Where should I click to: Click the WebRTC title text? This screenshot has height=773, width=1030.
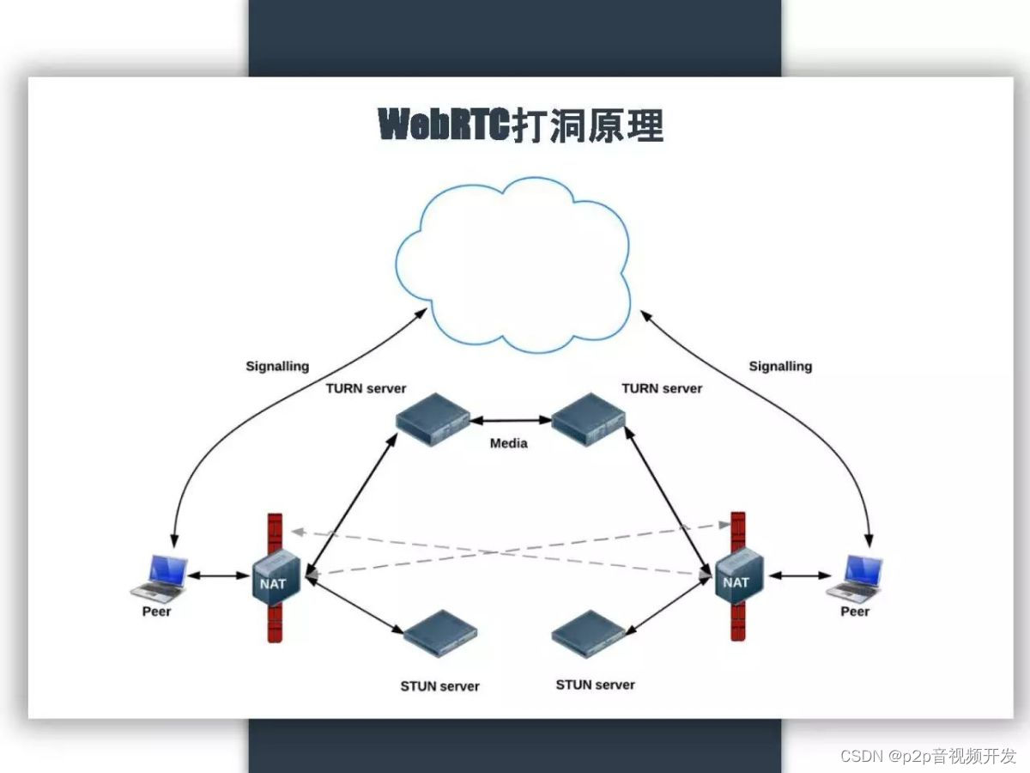point(521,125)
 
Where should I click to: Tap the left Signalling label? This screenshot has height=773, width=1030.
point(277,366)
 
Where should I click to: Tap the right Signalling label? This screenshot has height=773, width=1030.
point(780,366)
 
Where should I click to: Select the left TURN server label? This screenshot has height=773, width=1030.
point(366,388)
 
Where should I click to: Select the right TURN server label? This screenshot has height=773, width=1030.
point(662,388)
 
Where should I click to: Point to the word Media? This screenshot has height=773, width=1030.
point(509,443)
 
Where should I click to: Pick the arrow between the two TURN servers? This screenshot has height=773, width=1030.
point(511,421)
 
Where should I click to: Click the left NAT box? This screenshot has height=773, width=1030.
point(276,578)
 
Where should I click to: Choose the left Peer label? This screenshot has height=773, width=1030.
point(156,612)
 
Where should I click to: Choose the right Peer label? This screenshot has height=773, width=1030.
point(855,612)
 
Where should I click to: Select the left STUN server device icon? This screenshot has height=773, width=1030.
point(440,633)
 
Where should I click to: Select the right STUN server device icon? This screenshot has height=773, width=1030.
point(588,633)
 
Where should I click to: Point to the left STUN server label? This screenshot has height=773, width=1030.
point(439,686)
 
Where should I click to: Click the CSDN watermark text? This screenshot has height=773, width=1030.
point(928,756)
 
